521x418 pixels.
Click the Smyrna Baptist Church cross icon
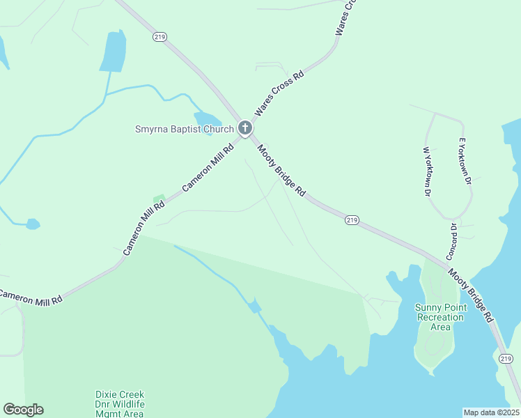[x=244, y=128]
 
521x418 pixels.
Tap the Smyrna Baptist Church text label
[x=185, y=129]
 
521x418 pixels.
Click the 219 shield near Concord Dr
[x=352, y=220]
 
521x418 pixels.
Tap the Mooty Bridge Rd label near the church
[x=281, y=170]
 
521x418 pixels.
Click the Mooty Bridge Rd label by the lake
[x=471, y=295]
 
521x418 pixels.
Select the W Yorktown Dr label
[x=427, y=171]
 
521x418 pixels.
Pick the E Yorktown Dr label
[x=465, y=162]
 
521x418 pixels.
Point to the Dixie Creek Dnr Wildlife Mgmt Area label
[x=120, y=404]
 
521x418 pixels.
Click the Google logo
[x=24, y=410]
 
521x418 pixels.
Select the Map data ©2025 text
[x=491, y=412]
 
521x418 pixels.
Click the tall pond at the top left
[x=112, y=51]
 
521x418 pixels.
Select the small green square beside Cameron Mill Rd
[x=159, y=199]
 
